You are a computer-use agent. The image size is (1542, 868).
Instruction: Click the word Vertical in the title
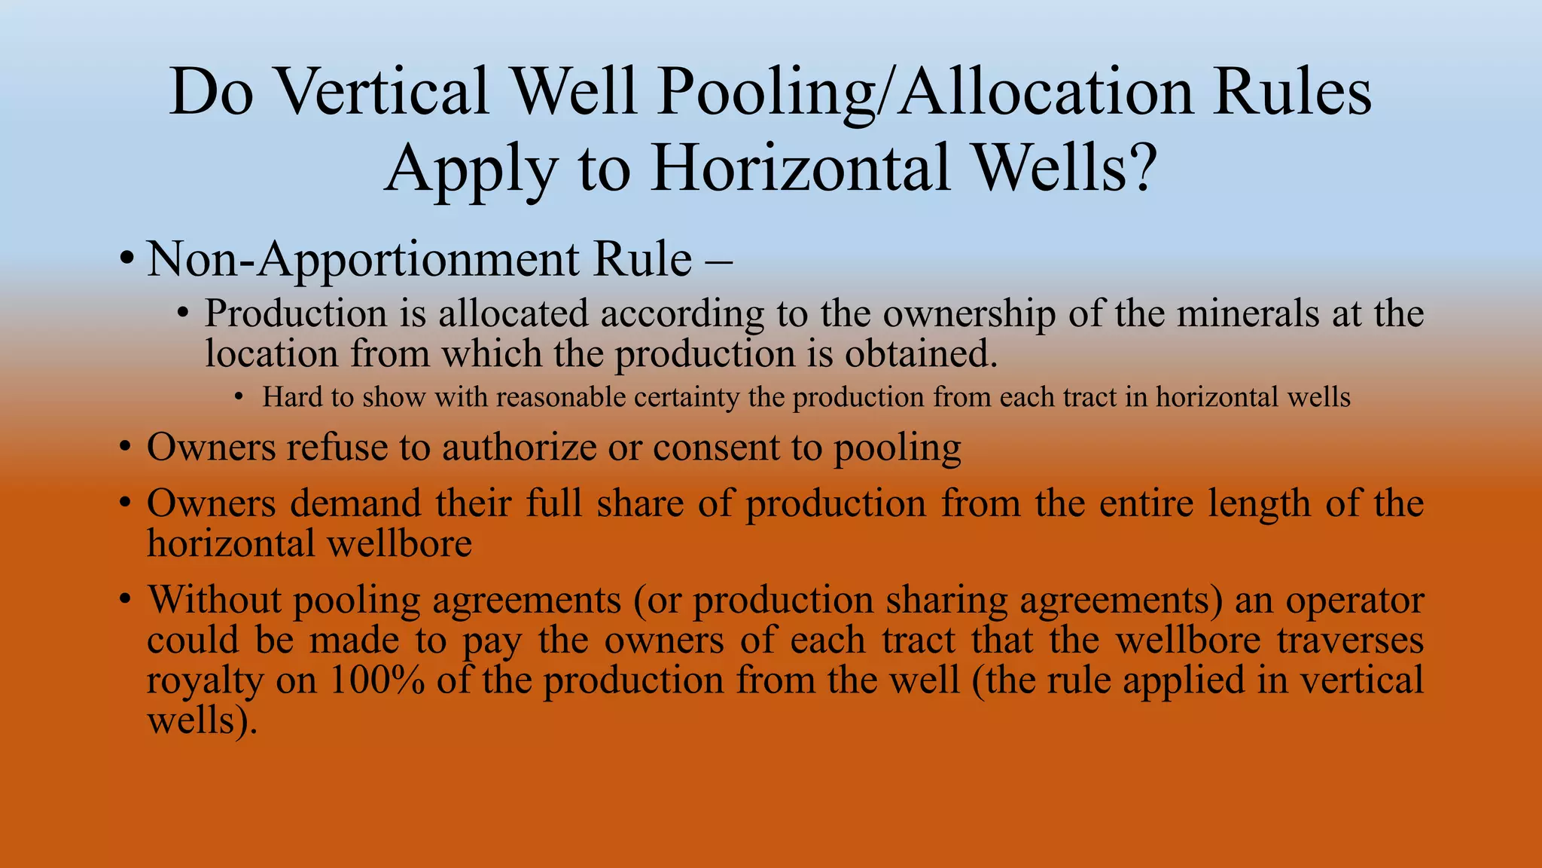(384, 92)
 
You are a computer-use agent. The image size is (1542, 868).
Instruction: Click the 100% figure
(376, 680)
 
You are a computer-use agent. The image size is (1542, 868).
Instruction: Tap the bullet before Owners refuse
(126, 448)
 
